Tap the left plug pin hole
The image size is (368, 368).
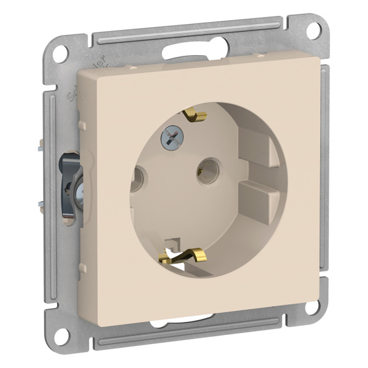click(139, 180)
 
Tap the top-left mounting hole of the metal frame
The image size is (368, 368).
click(59, 53)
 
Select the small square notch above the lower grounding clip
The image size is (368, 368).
click(174, 243)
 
